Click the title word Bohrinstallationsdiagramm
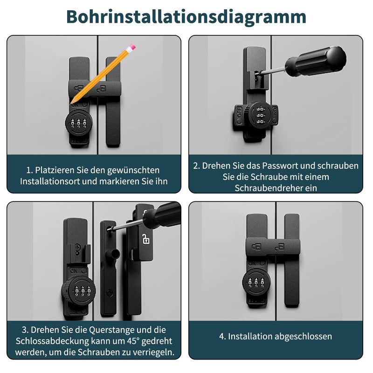186,17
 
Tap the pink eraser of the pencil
132,47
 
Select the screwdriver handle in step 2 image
315,62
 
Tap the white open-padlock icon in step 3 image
146,239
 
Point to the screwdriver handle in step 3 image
162,214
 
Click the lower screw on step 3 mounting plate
110,292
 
